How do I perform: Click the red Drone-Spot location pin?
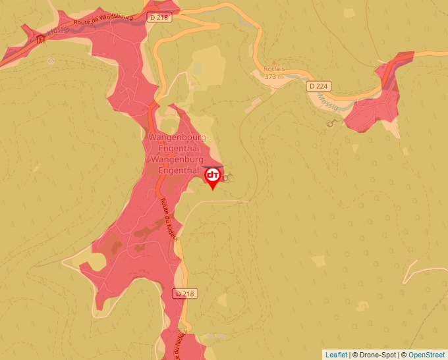(x=213, y=177)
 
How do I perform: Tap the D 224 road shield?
(x=319, y=86)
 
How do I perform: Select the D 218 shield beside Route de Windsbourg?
(x=158, y=18)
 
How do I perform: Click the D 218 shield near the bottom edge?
(x=185, y=294)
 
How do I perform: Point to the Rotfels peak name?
(x=274, y=68)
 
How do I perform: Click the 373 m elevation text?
(x=274, y=76)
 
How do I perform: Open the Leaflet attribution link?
(x=336, y=355)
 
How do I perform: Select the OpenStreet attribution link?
(x=426, y=355)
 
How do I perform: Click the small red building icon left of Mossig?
(x=41, y=39)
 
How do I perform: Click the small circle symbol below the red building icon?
(x=51, y=61)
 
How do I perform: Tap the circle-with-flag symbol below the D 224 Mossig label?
(x=332, y=123)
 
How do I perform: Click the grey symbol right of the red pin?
(x=229, y=177)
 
